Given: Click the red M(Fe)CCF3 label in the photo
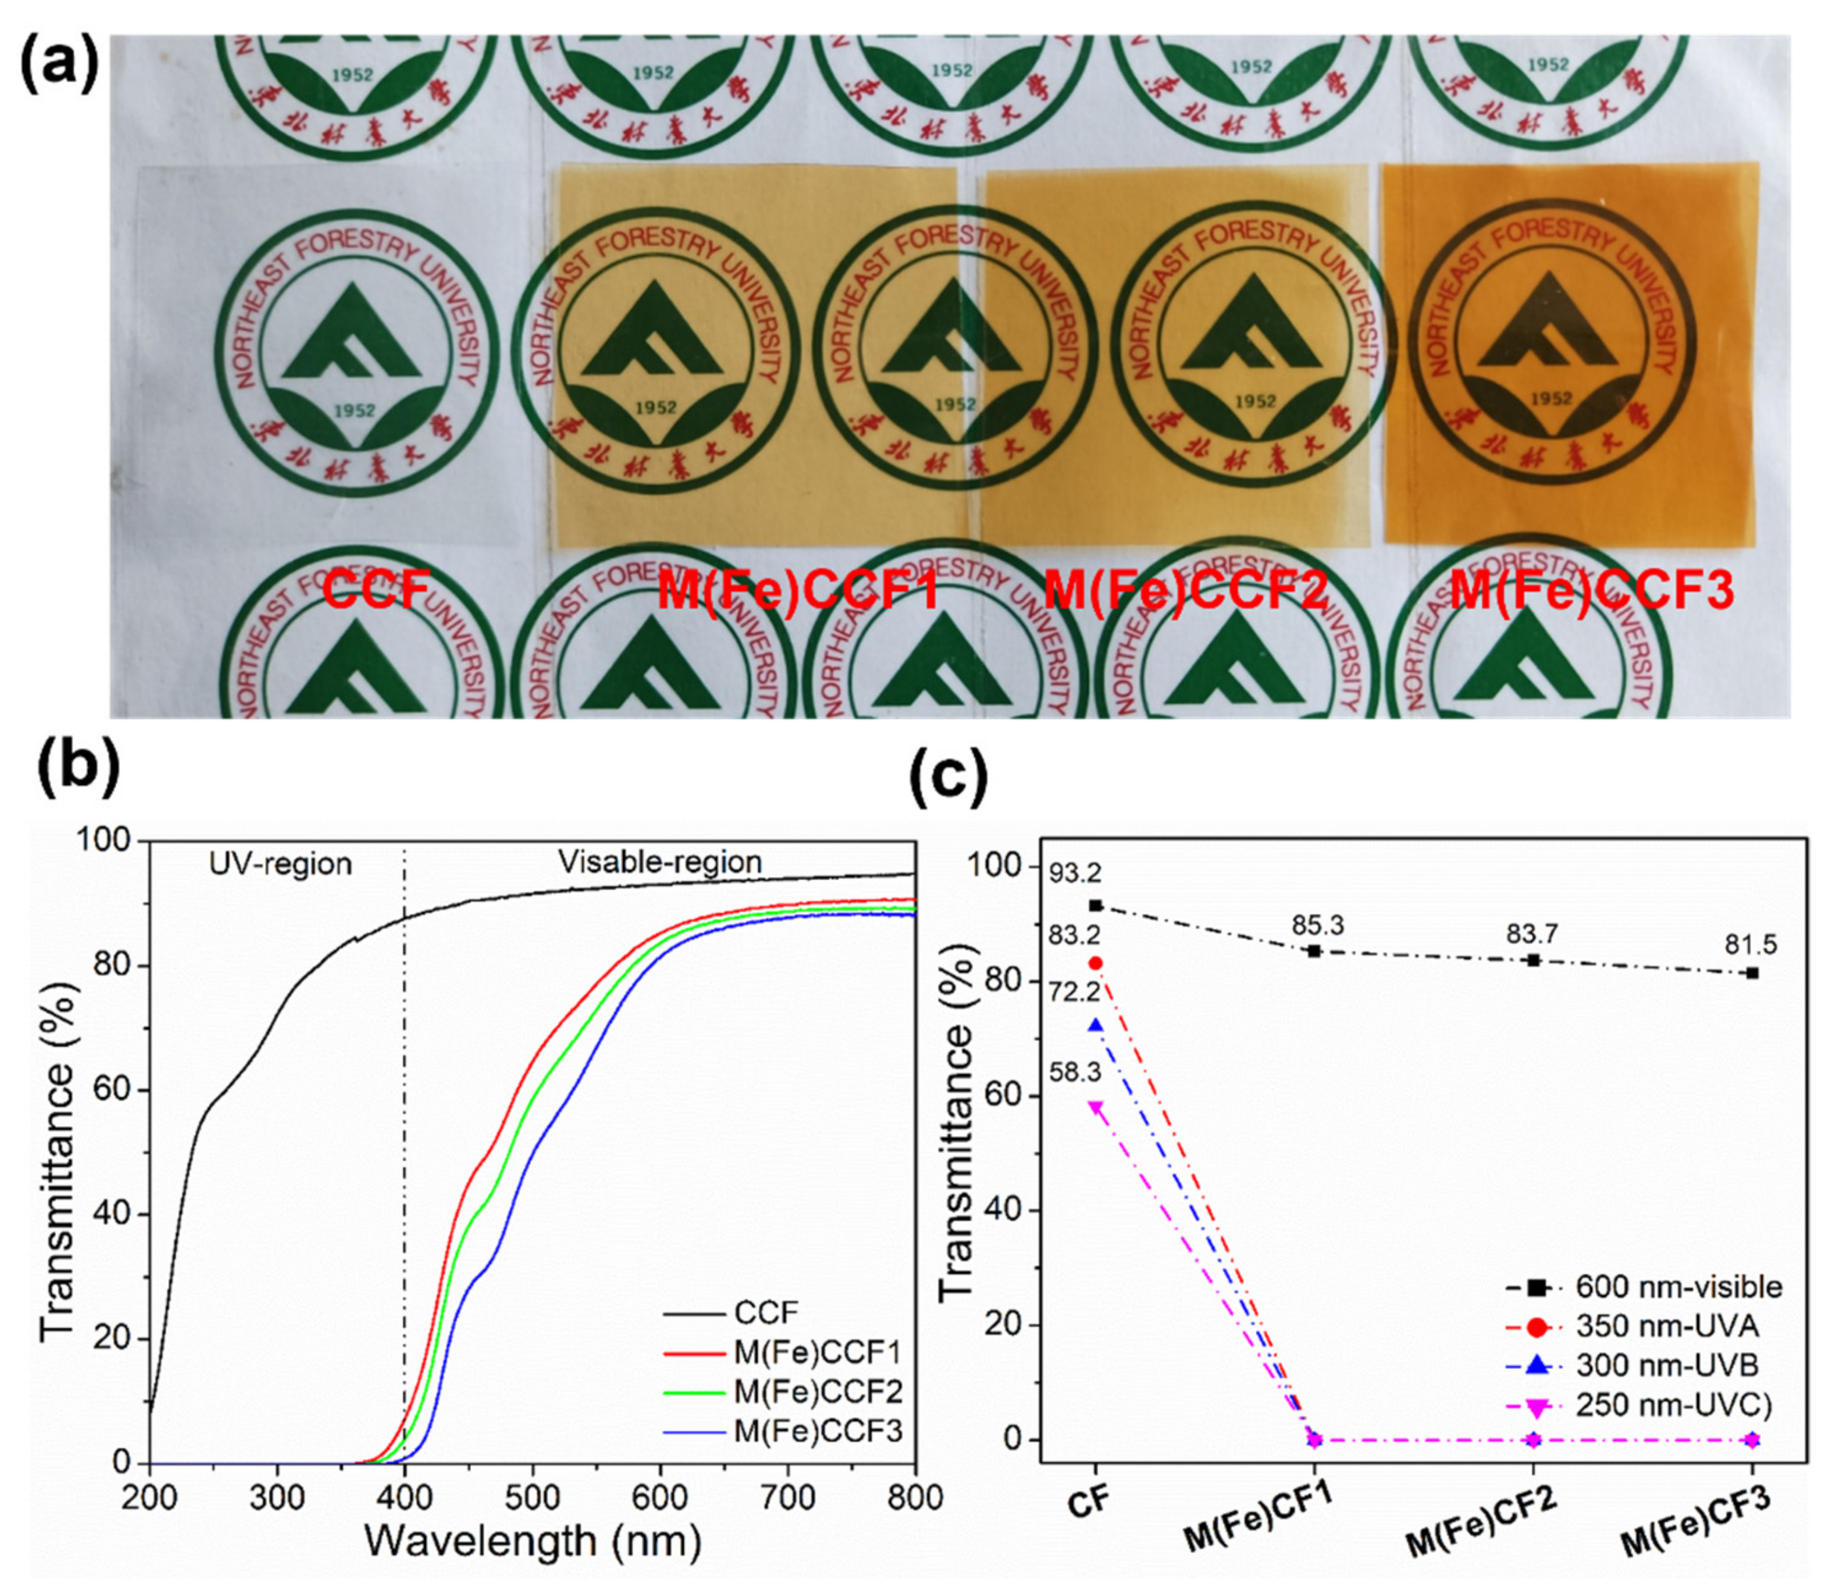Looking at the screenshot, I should pos(1591,592).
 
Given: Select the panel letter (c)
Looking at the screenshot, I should pos(949,779).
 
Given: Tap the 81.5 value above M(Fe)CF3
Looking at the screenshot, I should pos(1750,945).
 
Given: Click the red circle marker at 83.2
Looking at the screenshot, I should pos(1095,963).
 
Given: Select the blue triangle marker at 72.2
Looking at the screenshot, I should pos(1095,1025).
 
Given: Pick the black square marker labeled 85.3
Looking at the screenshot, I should pos(1315,951).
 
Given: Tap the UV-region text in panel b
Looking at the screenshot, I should pos(281,863).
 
